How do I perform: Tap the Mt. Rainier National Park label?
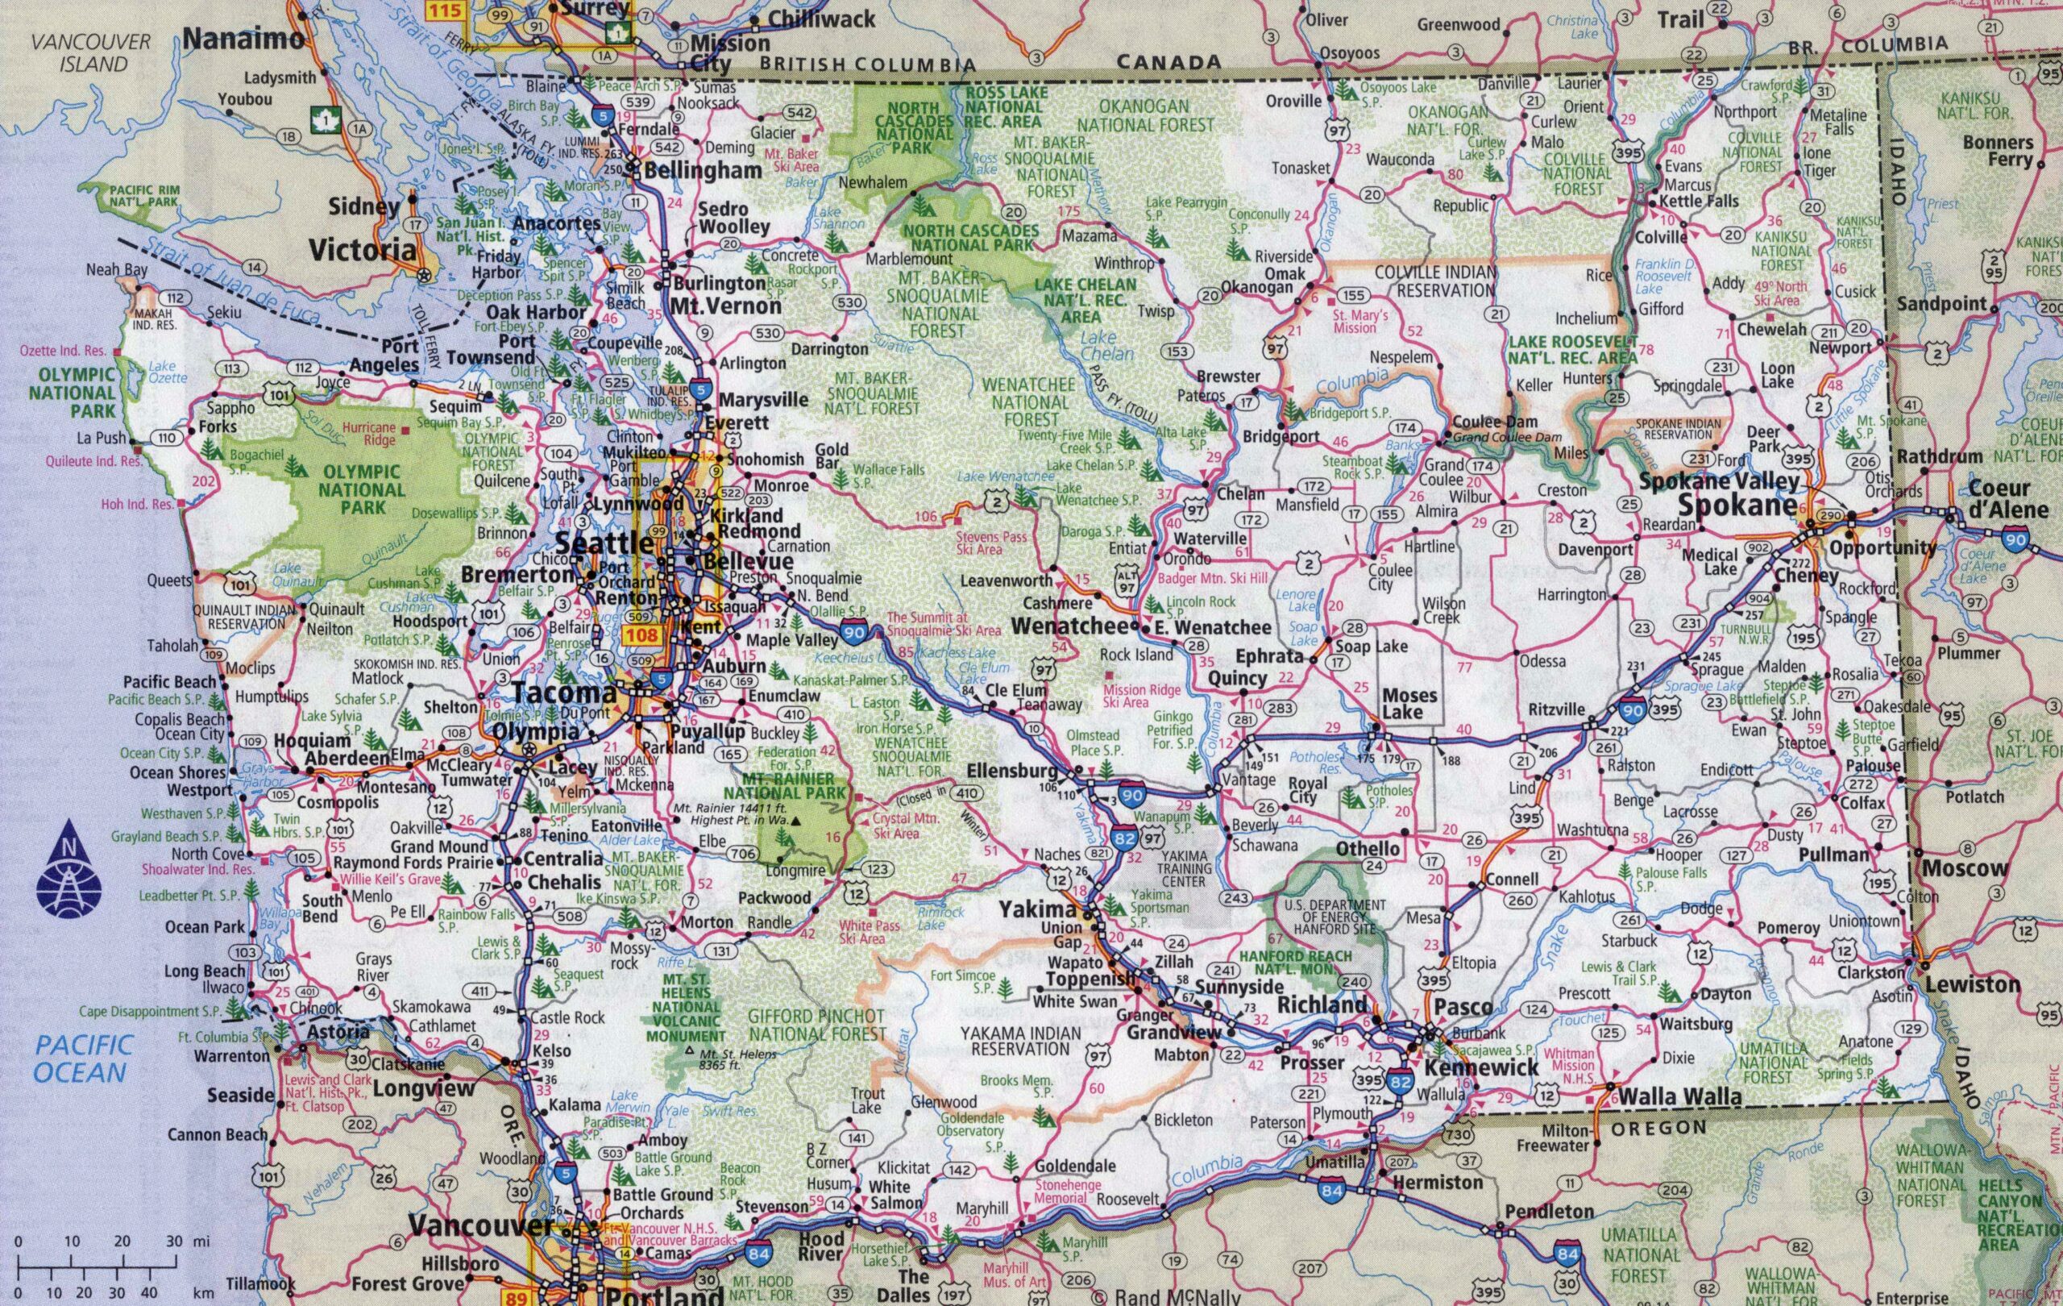778,786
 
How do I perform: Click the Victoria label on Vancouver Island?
362,250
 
